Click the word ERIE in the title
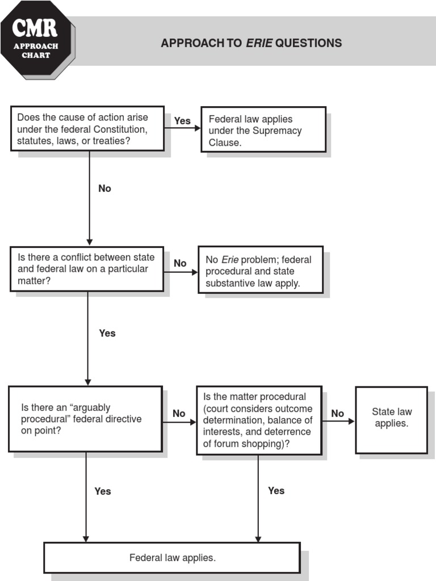(x=258, y=43)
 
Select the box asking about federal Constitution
(x=87, y=129)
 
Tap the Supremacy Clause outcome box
(x=263, y=130)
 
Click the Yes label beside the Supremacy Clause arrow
(x=182, y=121)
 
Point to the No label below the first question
(x=104, y=188)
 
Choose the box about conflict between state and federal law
(x=87, y=269)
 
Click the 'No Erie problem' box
(x=260, y=270)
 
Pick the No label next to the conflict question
(x=180, y=263)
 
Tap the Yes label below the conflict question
(x=107, y=333)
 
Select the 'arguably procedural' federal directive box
(x=85, y=419)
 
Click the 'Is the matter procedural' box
(x=258, y=420)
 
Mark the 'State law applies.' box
(x=391, y=419)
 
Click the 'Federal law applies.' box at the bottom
(x=172, y=558)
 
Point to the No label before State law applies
(x=338, y=414)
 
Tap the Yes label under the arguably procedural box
(x=103, y=491)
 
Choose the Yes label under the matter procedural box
(x=276, y=491)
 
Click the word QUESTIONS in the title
(x=308, y=43)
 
